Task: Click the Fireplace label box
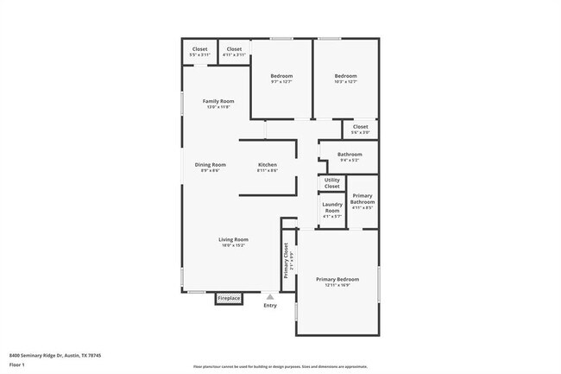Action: [x=229, y=298]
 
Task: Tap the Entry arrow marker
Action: [x=269, y=295]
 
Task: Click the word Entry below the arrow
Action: [x=270, y=305]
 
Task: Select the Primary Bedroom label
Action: [x=337, y=280]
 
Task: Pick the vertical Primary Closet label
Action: [x=287, y=260]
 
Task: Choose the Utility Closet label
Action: [x=332, y=184]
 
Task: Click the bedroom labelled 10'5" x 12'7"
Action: [x=345, y=77]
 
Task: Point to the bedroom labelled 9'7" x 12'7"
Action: [x=281, y=77]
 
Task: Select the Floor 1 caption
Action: [x=17, y=364]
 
